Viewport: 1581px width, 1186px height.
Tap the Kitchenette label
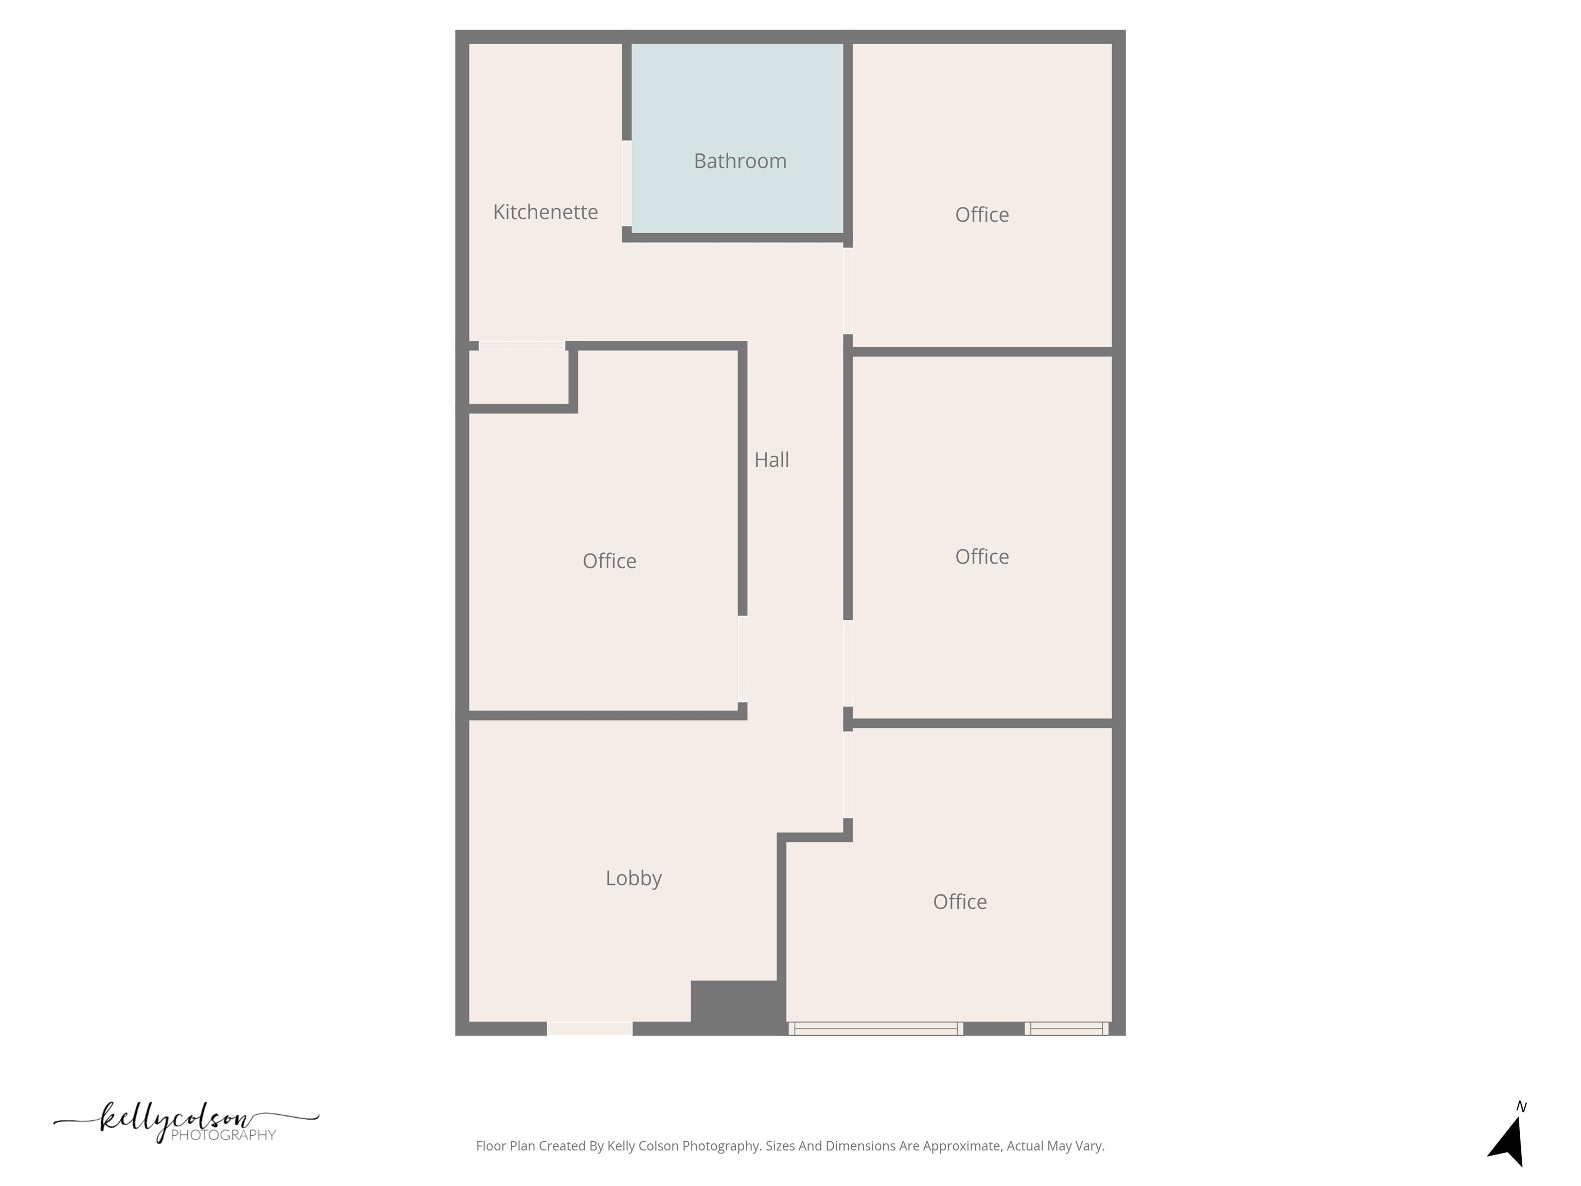coord(546,212)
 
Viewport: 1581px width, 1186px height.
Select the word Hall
coord(771,460)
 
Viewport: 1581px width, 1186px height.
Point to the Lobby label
coord(633,878)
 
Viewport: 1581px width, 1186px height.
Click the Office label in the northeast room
coord(981,215)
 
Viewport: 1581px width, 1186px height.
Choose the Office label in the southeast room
coord(959,901)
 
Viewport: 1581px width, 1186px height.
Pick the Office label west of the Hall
coord(609,561)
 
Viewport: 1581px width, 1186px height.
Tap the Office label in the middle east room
coord(981,556)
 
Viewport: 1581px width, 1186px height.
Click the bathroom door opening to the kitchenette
coord(627,183)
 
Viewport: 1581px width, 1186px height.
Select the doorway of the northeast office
coord(848,290)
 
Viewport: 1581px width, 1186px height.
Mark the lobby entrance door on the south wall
coord(590,1028)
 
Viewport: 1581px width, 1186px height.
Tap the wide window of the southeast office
coord(875,1028)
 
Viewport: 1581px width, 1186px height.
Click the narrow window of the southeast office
coord(1066,1028)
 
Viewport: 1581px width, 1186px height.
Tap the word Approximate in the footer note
coord(964,1146)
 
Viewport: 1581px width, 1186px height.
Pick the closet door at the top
coord(522,346)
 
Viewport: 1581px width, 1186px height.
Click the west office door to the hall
coord(743,658)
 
